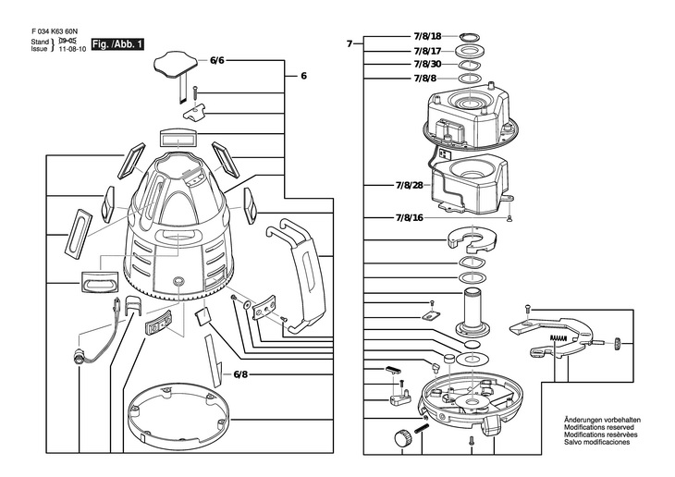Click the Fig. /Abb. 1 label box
click(117, 44)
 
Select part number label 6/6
click(217, 60)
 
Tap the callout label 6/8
click(240, 374)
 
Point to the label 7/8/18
click(427, 36)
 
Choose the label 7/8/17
click(427, 51)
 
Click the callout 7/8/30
click(427, 65)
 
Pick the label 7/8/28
click(410, 186)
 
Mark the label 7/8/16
click(410, 218)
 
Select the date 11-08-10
click(72, 49)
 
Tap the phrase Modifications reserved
click(599, 427)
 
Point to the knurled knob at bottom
click(403, 439)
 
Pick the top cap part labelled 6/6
click(176, 65)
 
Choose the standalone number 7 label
click(350, 44)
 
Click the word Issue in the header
click(39, 49)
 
